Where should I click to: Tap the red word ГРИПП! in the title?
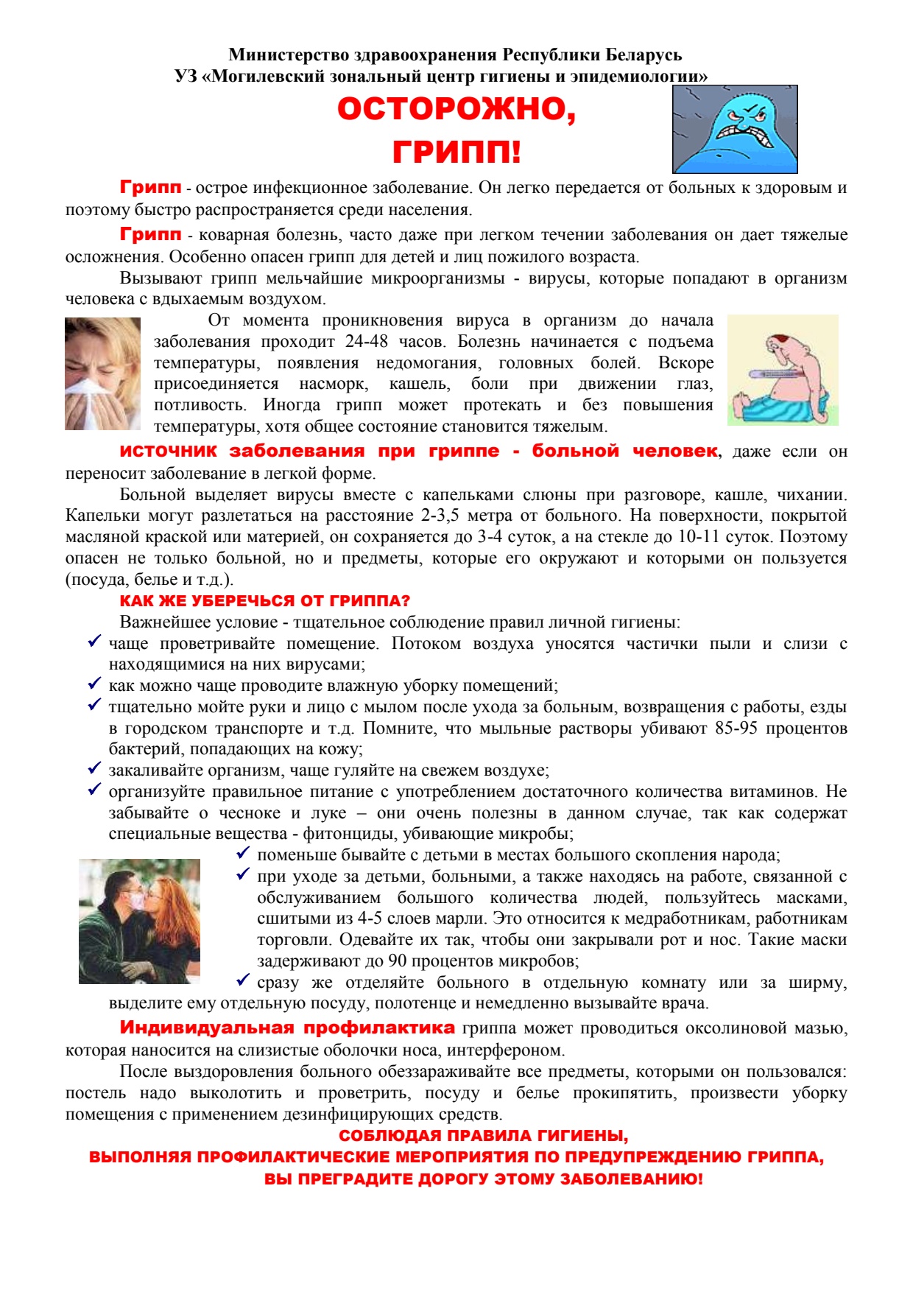456,152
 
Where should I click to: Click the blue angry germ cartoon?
735,130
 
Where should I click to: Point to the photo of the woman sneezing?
102,373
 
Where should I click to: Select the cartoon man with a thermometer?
783,370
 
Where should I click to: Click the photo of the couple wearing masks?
139,921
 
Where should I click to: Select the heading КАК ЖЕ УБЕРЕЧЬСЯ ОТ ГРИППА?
265,601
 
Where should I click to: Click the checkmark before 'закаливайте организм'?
94,768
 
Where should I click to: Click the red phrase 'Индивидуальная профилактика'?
287,1028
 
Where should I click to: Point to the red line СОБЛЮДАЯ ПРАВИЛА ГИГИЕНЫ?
483,1136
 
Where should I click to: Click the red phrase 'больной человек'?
624,451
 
